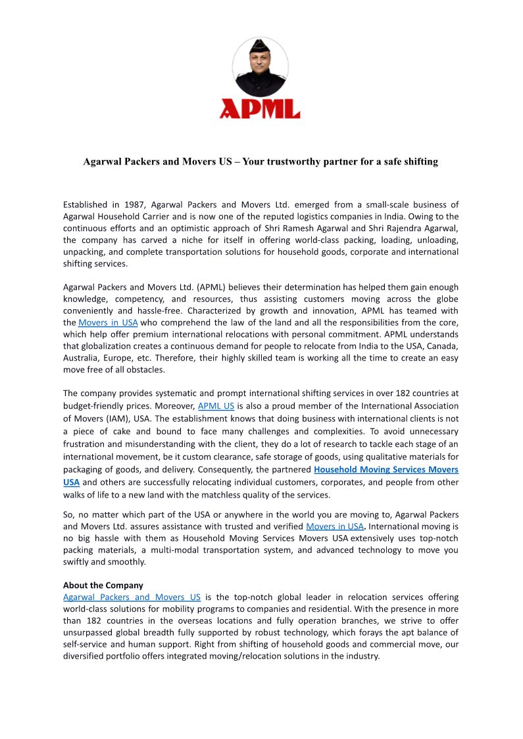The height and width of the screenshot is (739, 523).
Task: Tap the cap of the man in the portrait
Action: tap(260, 47)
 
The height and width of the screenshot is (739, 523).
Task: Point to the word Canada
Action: tap(443, 346)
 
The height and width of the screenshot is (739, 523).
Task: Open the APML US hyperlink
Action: tap(216, 406)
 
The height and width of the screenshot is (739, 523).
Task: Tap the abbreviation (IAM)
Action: tap(109, 418)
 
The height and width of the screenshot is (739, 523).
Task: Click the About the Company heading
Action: tap(103, 585)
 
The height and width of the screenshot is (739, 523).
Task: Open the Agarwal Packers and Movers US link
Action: tap(132, 597)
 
